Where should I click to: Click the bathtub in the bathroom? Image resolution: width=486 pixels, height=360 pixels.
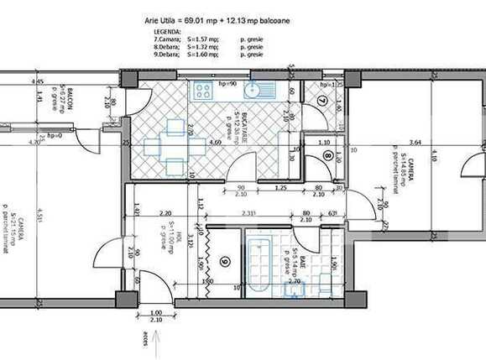coord(256,264)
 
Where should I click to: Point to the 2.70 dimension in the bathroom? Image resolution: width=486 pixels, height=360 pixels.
coord(295,283)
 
